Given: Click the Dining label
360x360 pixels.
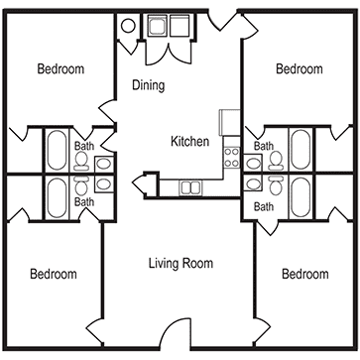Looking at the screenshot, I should click(148, 86).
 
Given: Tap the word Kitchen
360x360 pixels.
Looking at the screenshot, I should click(189, 142).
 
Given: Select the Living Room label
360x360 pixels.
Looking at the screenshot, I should click(180, 263).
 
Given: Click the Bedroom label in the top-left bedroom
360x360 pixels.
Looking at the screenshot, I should click(60, 69).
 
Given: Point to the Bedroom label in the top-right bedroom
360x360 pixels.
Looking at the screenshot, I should click(299, 69).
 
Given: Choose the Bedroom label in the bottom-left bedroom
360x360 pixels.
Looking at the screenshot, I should click(53, 274).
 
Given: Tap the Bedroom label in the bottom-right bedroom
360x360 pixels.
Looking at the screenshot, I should click(305, 274).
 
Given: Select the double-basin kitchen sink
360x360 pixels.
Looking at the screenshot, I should click(189, 185).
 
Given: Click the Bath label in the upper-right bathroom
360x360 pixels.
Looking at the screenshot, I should click(263, 146).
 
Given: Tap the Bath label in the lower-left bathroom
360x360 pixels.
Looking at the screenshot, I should click(85, 201).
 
